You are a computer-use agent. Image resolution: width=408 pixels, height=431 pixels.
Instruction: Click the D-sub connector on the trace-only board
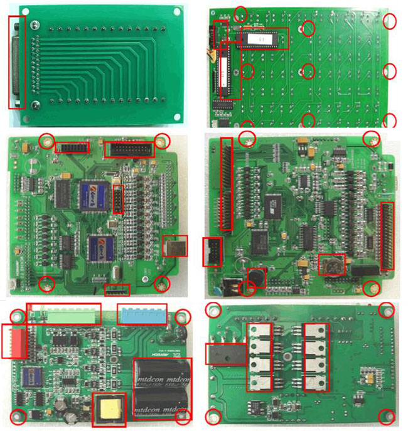[x=17, y=63]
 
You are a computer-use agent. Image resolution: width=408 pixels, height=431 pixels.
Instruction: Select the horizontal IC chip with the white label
[x=263, y=38]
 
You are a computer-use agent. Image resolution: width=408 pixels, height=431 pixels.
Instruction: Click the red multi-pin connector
[x=14, y=341]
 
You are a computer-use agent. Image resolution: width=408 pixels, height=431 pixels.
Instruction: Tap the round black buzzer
[x=255, y=275]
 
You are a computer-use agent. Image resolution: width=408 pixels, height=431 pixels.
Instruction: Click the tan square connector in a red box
[x=175, y=247]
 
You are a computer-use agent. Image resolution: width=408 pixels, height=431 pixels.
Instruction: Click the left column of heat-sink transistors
[x=260, y=357]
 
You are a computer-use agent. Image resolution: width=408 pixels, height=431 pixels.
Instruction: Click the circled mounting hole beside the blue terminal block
[x=183, y=317]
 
